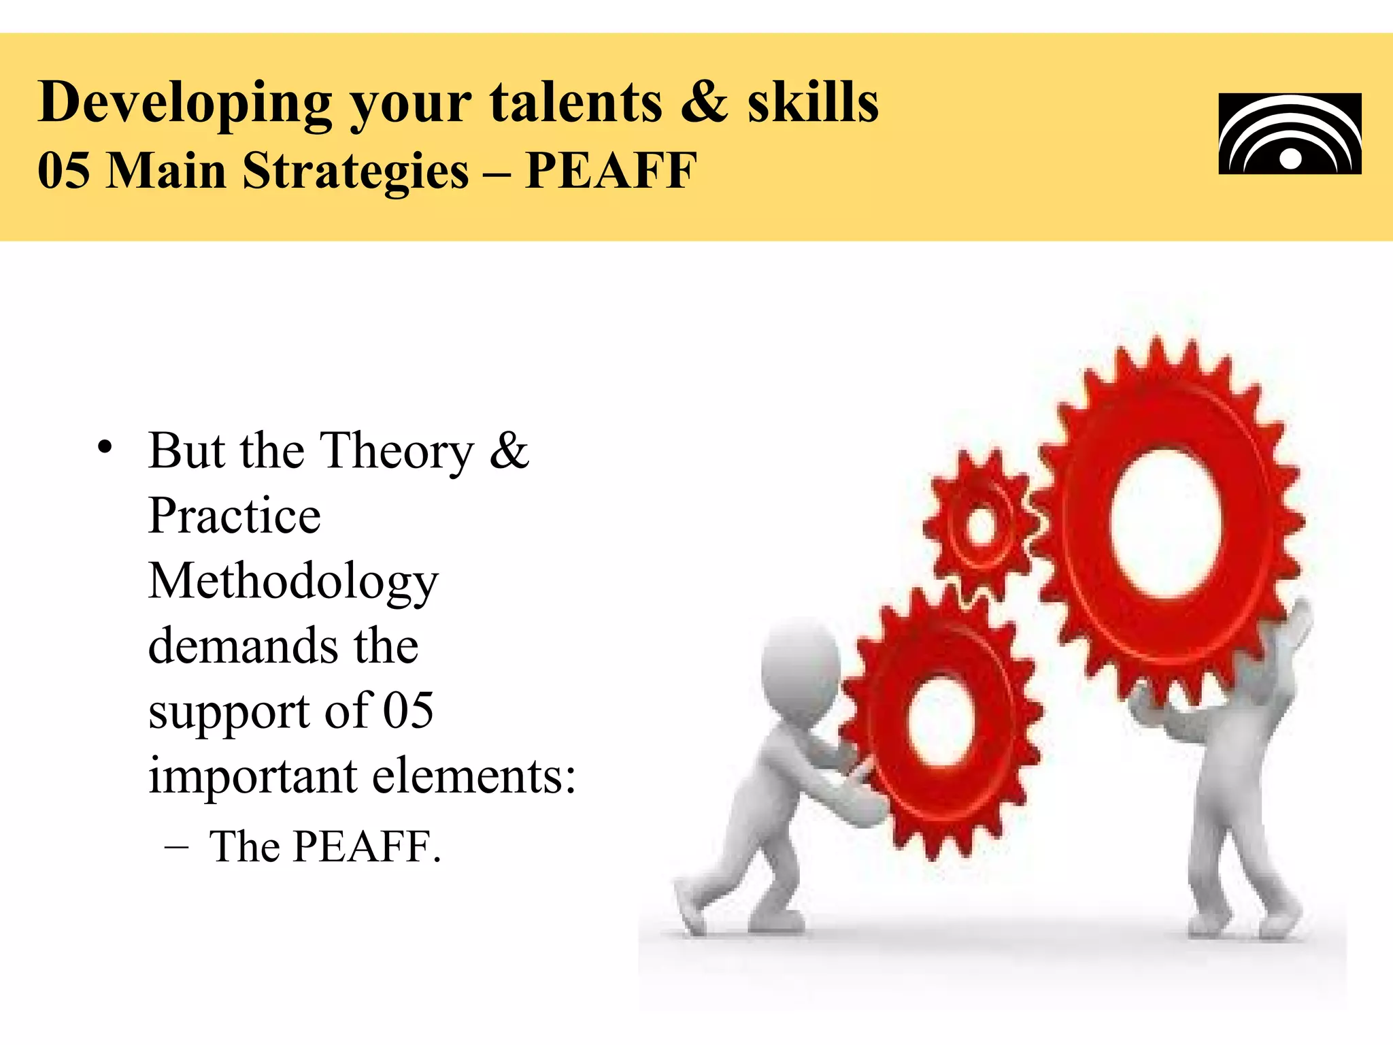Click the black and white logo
(1290, 134)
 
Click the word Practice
(234, 516)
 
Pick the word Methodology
(293, 582)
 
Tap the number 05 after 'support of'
(408, 710)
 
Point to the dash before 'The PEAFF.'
(176, 848)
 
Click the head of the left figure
(801, 663)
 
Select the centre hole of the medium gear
(942, 721)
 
